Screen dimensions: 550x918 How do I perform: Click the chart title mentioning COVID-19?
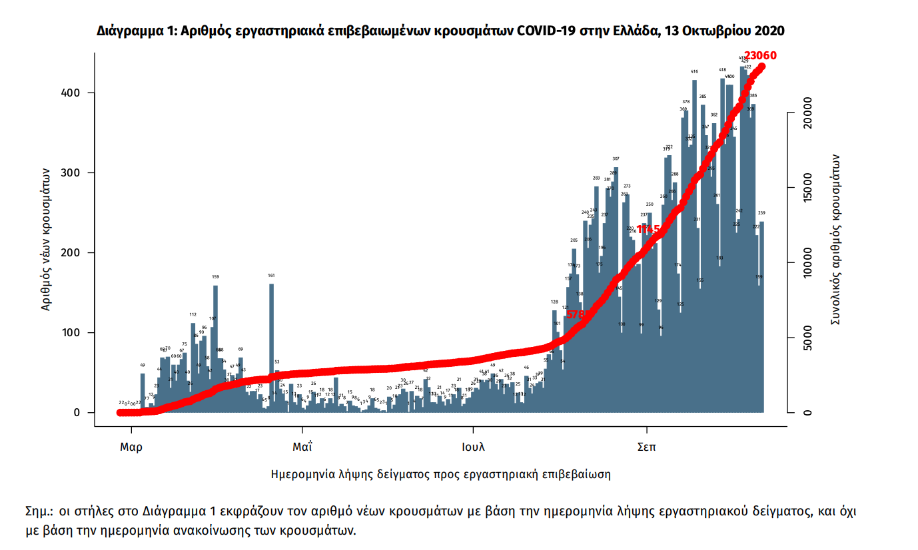pos(440,31)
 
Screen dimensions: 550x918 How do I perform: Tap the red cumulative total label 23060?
pos(760,56)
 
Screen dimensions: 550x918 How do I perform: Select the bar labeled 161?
pos(271,346)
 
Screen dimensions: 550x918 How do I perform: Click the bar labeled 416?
pos(694,246)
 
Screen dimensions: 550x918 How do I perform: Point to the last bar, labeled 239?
pos(761,317)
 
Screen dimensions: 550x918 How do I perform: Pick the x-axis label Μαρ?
pos(131,447)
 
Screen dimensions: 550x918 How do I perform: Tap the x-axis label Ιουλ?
pos(473,447)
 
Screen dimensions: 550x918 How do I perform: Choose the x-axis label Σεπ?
pos(646,447)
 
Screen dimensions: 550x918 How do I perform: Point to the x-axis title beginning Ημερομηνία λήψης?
pos(441,475)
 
